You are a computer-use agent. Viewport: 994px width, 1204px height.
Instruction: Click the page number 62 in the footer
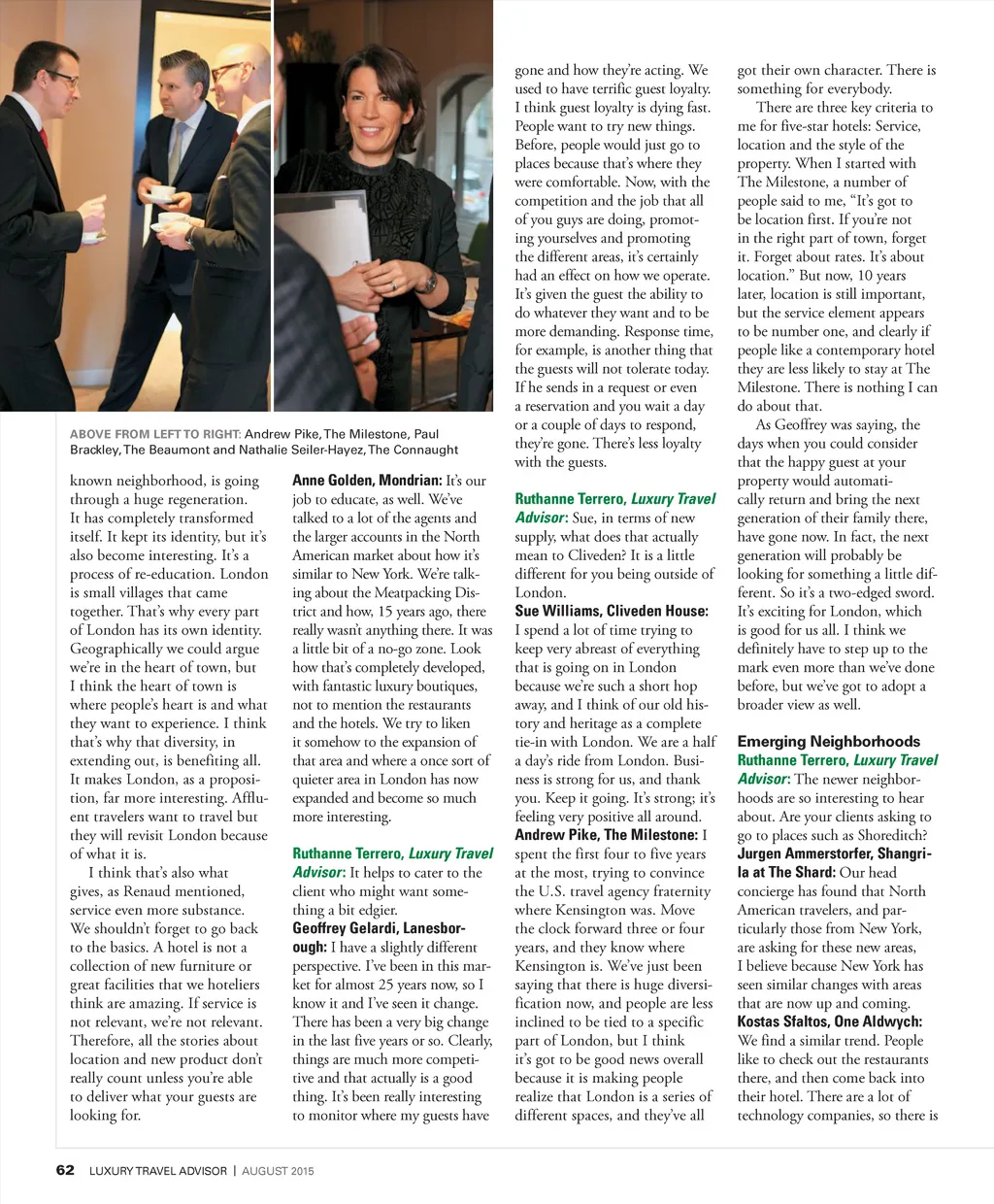65,1170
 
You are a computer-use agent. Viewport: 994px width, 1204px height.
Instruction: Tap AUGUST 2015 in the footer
278,1171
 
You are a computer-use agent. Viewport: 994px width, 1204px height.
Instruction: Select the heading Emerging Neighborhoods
828,741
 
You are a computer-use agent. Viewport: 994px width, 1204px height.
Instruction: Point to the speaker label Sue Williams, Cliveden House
612,611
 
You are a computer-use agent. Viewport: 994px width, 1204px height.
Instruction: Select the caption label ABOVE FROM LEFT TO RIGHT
154,434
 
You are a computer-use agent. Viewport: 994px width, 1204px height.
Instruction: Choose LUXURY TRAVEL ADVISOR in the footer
158,1171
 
